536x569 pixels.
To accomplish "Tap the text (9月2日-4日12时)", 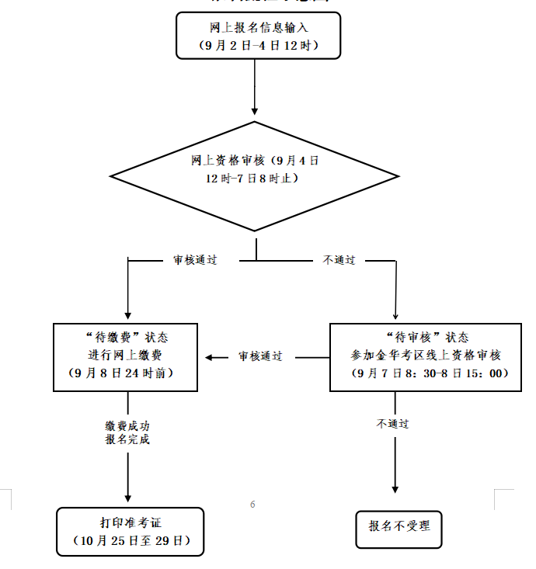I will coord(259,46).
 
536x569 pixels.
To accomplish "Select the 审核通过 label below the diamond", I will coord(195,260).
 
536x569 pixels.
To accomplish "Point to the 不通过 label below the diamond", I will coord(339,260).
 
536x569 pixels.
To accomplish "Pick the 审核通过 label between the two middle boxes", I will coord(260,356).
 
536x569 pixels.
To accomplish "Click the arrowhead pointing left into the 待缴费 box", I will coord(210,357).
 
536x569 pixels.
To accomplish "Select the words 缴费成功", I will coord(127,425).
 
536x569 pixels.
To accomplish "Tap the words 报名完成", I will coord(127,439).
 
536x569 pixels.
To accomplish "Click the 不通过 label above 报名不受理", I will coord(393,424).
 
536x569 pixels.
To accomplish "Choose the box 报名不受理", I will coord(399,526).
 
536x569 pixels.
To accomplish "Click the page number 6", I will coord(252,505).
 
